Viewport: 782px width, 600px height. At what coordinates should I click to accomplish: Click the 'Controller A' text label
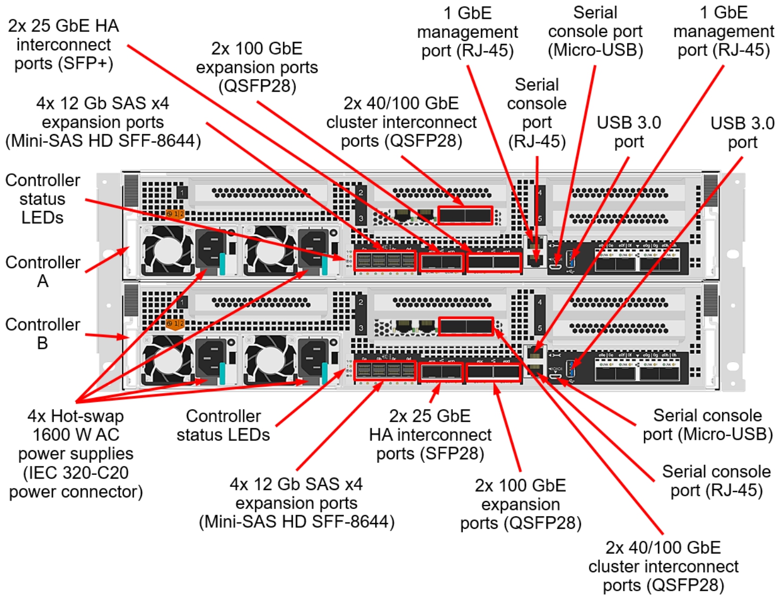click(42, 271)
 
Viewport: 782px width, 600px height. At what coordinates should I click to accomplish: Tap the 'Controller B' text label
click(42, 334)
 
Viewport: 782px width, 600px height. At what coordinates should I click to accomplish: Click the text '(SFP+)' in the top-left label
click(86, 63)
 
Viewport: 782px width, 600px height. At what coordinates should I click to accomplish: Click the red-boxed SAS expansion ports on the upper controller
click(385, 261)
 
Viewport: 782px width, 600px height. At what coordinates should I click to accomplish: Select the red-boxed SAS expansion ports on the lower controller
click(385, 371)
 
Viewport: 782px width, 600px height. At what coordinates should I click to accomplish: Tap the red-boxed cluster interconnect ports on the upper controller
click(465, 215)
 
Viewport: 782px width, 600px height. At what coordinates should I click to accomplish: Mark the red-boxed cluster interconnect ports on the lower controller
click(465, 327)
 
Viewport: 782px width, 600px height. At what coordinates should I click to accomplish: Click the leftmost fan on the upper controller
click(167, 251)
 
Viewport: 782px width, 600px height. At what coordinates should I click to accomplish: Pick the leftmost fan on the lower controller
click(167, 361)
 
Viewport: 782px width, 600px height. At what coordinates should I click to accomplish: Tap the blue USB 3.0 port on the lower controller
click(571, 368)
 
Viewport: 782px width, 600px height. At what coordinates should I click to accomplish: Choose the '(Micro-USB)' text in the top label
click(595, 50)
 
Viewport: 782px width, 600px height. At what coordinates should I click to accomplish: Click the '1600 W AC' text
click(76, 435)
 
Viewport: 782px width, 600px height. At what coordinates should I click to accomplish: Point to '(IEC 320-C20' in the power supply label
click(76, 472)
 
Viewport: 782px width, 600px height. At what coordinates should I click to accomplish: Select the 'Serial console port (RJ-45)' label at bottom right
click(716, 481)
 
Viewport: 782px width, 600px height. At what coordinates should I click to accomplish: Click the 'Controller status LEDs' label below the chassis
click(223, 425)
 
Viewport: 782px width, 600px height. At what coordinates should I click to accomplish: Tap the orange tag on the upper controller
click(175, 214)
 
